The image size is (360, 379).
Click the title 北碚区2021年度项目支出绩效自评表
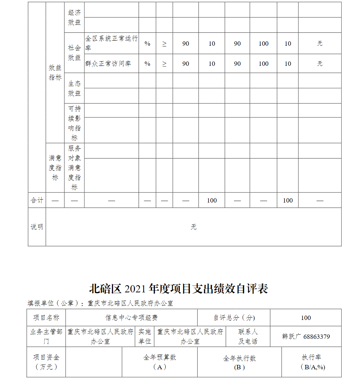(x=179, y=289)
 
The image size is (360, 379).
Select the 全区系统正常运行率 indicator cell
(x=111, y=43)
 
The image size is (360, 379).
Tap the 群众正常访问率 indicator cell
(x=108, y=64)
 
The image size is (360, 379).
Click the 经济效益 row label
(x=75, y=17)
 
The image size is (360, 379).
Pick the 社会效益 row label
(x=75, y=53)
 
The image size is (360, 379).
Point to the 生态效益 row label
(x=75, y=88)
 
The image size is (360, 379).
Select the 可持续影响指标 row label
(x=75, y=123)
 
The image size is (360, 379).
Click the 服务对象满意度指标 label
(x=75, y=168)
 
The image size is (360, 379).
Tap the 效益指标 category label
(x=55, y=72)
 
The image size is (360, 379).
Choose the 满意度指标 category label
(x=55, y=168)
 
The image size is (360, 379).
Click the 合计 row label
(x=37, y=200)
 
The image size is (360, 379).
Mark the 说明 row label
(x=37, y=227)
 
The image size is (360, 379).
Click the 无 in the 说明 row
(x=194, y=227)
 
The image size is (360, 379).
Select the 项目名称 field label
(x=46, y=318)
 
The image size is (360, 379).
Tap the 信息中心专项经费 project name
(x=132, y=318)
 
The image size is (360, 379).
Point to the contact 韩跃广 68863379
(x=306, y=336)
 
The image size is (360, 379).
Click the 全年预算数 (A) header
(x=160, y=362)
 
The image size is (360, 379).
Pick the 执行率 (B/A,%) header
(x=311, y=362)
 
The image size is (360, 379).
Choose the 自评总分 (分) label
(x=234, y=318)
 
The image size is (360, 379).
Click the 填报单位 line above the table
(x=100, y=303)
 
